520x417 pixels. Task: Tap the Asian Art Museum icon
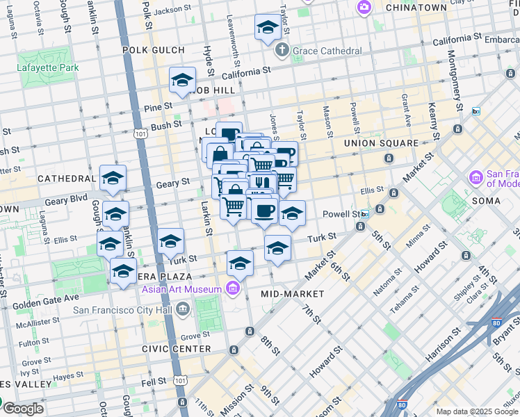[x=234, y=289]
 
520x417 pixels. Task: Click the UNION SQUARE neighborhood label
[x=382, y=143]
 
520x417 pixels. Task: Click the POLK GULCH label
[x=154, y=50]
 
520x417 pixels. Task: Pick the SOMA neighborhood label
[x=486, y=201]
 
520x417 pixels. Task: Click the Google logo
[x=23, y=408]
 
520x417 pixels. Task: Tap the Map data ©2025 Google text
[x=477, y=411]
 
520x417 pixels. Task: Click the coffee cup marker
[x=264, y=210]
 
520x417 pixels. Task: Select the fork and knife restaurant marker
[x=261, y=183]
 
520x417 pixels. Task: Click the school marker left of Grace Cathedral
[x=268, y=27]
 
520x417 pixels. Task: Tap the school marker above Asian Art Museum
[x=240, y=263]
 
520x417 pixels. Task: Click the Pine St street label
[x=159, y=106]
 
